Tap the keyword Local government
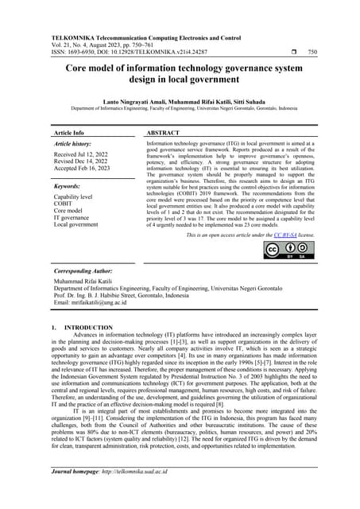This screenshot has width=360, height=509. pos(75,224)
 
